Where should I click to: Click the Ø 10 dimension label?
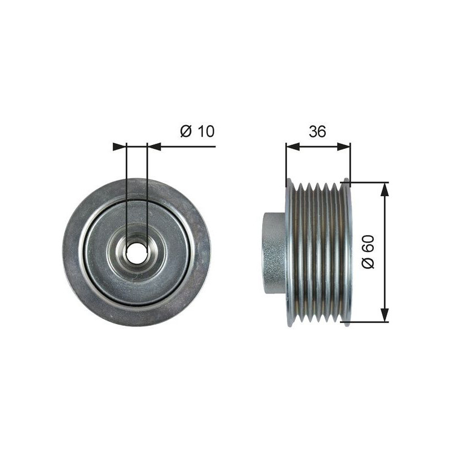pos(197,131)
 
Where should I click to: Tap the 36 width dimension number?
pos(317,131)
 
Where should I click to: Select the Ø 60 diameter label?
pos(368,251)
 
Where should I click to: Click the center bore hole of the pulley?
pos(136,253)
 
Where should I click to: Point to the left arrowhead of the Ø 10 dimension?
pos(120,147)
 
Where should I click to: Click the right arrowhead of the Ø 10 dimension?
pos(153,147)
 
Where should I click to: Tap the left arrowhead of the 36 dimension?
pos(293,147)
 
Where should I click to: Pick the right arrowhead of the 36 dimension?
pos(344,147)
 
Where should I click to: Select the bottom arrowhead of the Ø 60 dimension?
pos(384,315)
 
